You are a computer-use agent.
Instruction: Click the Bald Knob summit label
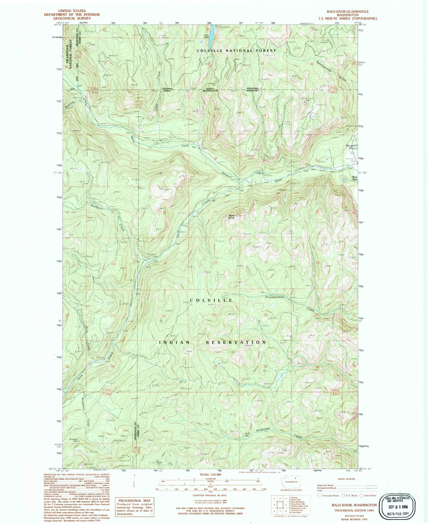231,217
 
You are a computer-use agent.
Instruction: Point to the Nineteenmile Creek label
275,297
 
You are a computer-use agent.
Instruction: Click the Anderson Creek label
261,430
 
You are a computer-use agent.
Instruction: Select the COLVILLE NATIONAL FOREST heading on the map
236,51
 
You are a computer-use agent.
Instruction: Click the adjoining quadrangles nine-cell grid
279,504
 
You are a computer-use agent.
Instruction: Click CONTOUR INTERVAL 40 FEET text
209,495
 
